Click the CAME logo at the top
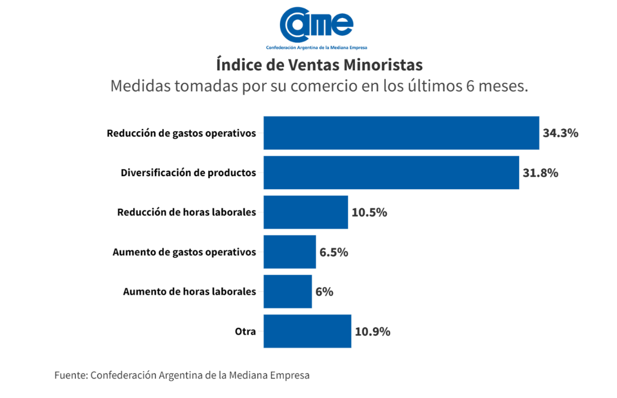click(316, 26)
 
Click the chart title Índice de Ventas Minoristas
click(319, 65)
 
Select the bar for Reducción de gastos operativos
click(401, 133)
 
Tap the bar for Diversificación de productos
click(391, 173)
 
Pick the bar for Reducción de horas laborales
click(306, 212)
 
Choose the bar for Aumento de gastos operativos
click(290, 252)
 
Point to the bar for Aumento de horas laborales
click(288, 292)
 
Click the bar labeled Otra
click(307, 331)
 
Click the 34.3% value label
click(560, 133)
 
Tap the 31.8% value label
click(540, 173)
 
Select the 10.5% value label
click(369, 212)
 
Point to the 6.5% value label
click(333, 252)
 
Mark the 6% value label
click(324, 292)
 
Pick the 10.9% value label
click(372, 331)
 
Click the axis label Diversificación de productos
click(189, 173)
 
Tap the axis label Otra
click(245, 331)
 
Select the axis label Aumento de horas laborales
click(190, 292)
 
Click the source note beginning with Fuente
click(182, 375)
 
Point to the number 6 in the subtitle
click(470, 86)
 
